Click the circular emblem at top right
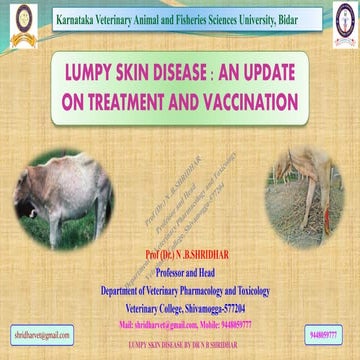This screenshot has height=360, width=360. click(x=340, y=22)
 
